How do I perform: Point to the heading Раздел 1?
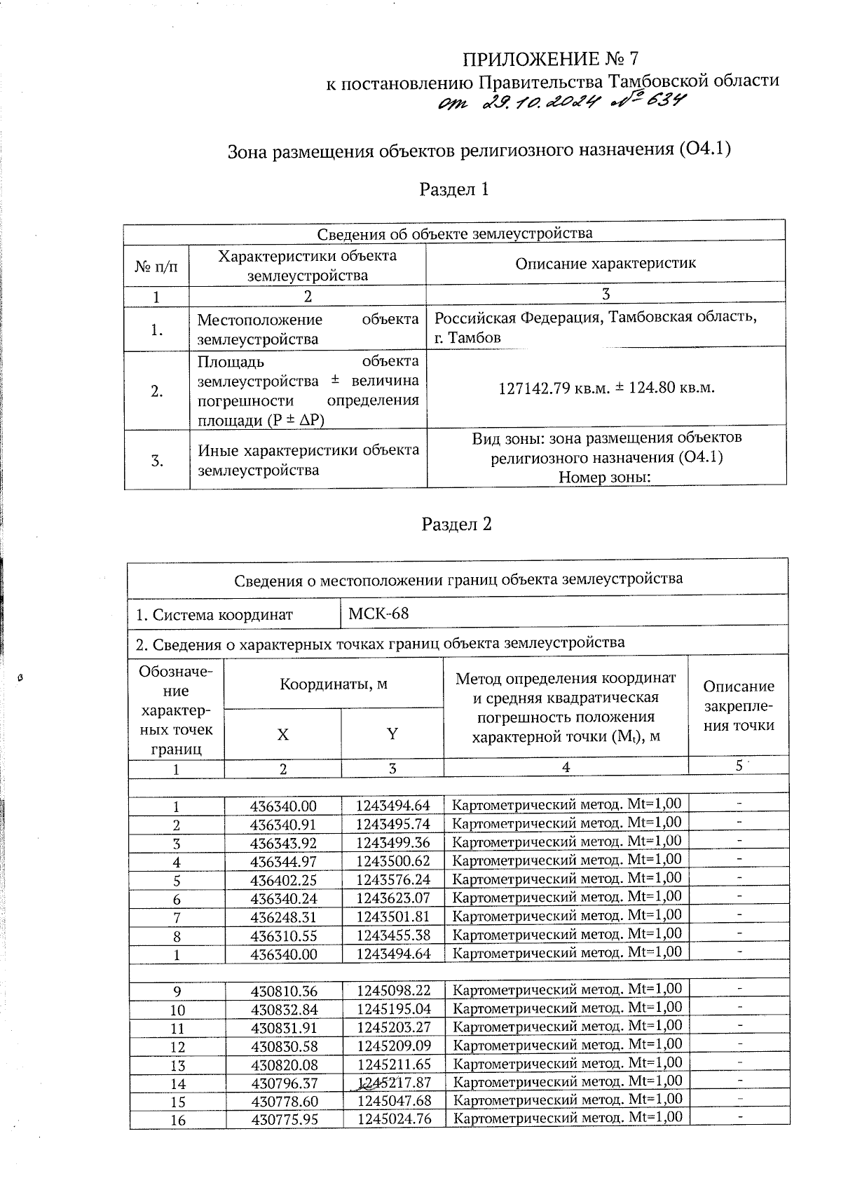(453, 189)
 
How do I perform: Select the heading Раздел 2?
(456, 525)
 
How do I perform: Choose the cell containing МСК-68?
(378, 614)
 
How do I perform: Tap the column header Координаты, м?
(334, 683)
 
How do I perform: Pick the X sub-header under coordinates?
(282, 734)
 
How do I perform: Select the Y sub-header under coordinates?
(392, 734)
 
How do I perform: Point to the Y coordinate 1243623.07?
(392, 898)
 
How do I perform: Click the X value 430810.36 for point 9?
(284, 991)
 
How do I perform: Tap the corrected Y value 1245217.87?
(394, 1083)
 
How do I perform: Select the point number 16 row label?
(178, 1120)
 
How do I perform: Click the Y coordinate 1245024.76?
(394, 1118)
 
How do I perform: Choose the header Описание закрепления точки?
(738, 705)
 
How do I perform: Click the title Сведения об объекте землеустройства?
(454, 233)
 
